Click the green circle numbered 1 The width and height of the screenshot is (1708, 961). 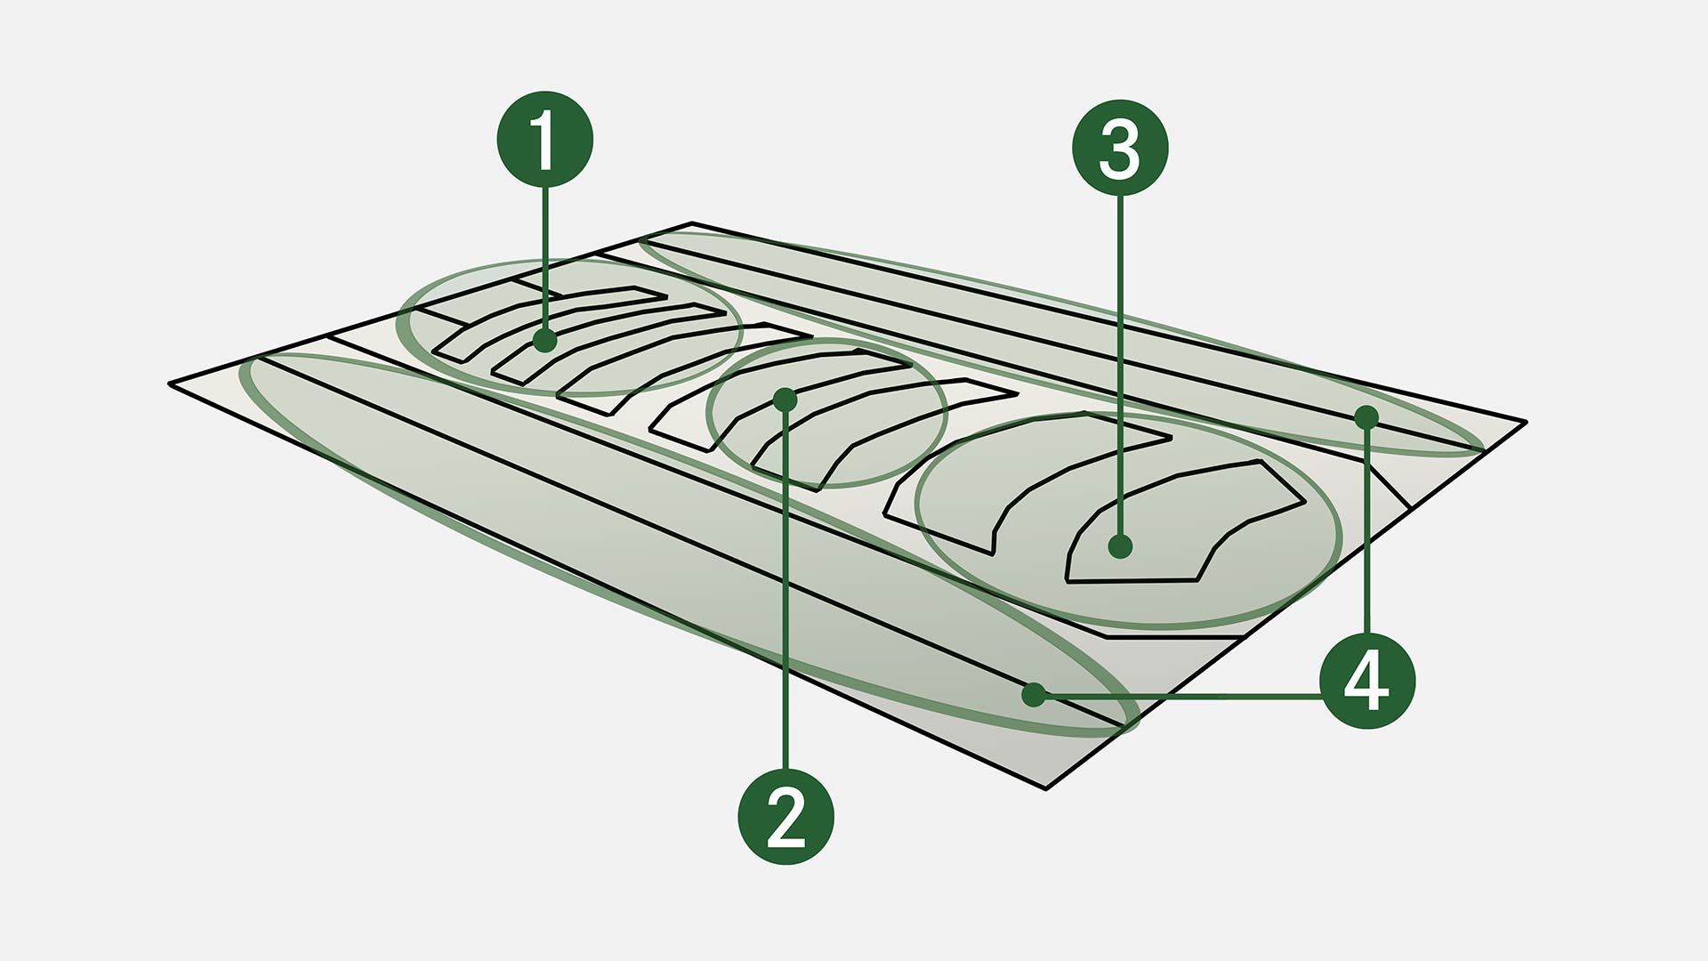[x=544, y=139]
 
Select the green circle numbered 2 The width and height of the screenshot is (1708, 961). [x=786, y=816]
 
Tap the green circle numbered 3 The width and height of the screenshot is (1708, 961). [x=1120, y=148]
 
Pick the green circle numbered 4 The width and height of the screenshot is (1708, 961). [x=1367, y=682]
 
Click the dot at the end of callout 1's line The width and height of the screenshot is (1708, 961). [x=545, y=340]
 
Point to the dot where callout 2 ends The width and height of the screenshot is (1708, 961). [x=785, y=399]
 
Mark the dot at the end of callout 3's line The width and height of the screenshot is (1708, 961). [x=1121, y=546]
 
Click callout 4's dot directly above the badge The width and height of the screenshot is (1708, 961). [x=1367, y=416]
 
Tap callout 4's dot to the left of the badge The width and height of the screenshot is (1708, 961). [x=1034, y=694]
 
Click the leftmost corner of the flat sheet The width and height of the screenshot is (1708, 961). [x=169, y=384]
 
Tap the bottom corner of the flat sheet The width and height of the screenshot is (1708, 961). [x=1046, y=788]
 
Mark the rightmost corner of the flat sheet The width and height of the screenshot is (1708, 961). [x=1527, y=421]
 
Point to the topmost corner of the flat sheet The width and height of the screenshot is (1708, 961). [x=692, y=223]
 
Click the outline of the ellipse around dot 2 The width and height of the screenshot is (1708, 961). [x=827, y=341]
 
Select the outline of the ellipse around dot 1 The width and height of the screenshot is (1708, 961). [x=569, y=261]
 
